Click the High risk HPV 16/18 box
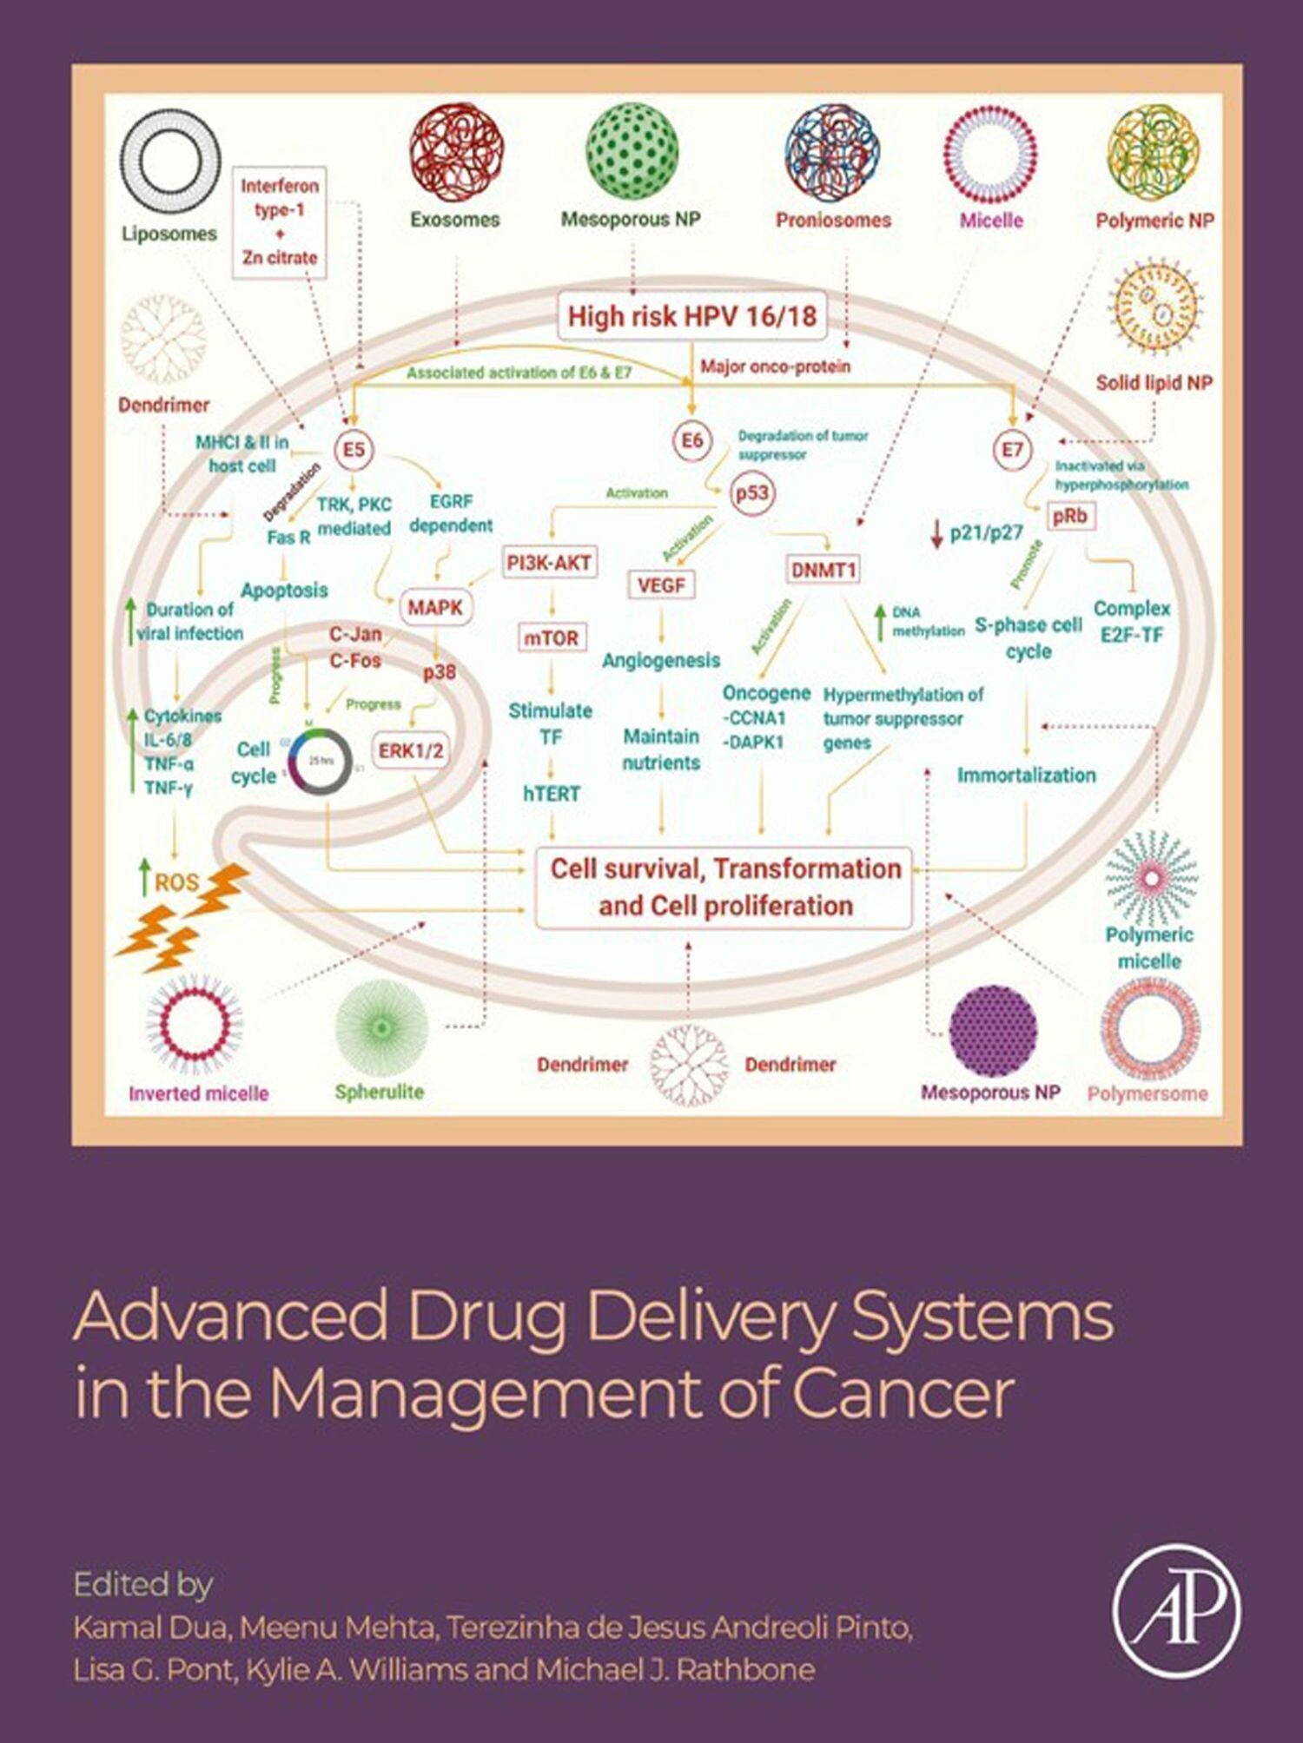tap(691, 316)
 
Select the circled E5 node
tap(354, 450)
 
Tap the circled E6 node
tap(691, 440)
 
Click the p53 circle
tap(751, 493)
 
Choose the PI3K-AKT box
tap(549, 563)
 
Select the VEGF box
tap(661, 585)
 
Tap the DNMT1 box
tap(823, 570)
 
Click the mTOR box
tap(551, 637)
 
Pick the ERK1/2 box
tap(411, 750)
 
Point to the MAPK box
tap(435, 608)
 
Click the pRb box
tap(1069, 516)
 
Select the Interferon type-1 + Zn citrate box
tap(280, 222)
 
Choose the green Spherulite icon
tap(381, 1028)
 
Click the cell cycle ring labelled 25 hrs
tap(320, 762)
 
